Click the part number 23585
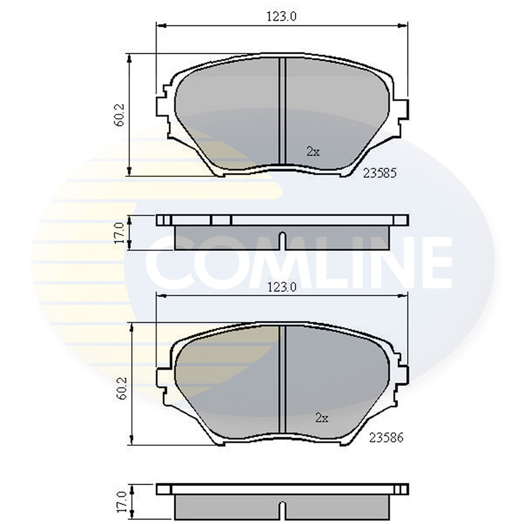379,173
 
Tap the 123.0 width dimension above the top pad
281,17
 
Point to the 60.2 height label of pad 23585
120,115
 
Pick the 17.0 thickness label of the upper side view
120,233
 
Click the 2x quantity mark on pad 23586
321,418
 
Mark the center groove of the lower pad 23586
282,382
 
